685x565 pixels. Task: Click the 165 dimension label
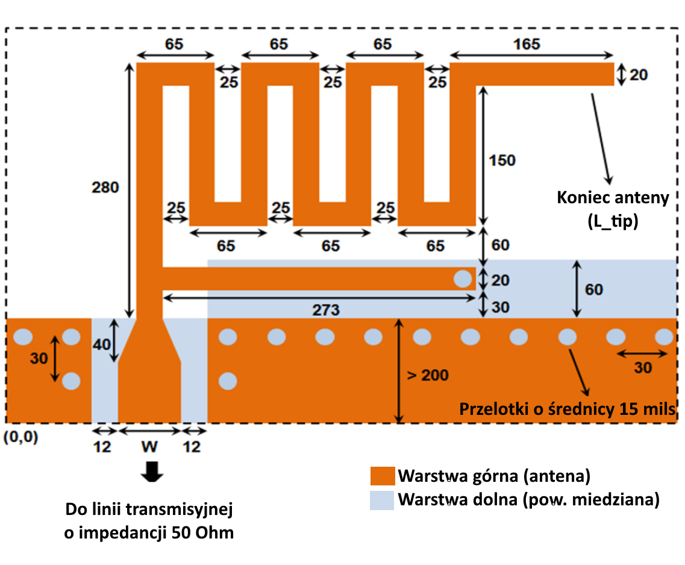[527, 44]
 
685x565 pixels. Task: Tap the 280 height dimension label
[105, 188]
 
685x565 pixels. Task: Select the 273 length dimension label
[326, 310]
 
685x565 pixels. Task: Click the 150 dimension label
[502, 160]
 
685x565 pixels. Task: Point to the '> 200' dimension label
[428, 375]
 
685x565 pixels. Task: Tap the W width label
[149, 447]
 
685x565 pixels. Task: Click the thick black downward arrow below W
[152, 472]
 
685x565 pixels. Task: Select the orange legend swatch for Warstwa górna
[382, 476]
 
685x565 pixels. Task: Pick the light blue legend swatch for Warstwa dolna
[382, 500]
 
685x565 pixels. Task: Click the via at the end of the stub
[463, 279]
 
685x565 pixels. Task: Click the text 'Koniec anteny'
[613, 198]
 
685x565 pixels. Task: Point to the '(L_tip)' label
[613, 221]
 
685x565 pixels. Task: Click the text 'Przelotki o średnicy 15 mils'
[568, 409]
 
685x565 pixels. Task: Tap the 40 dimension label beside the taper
[101, 344]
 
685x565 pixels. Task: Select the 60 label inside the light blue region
[593, 289]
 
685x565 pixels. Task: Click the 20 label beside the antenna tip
[638, 75]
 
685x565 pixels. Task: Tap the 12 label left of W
[102, 447]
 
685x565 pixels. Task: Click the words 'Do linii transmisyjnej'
[149, 510]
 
